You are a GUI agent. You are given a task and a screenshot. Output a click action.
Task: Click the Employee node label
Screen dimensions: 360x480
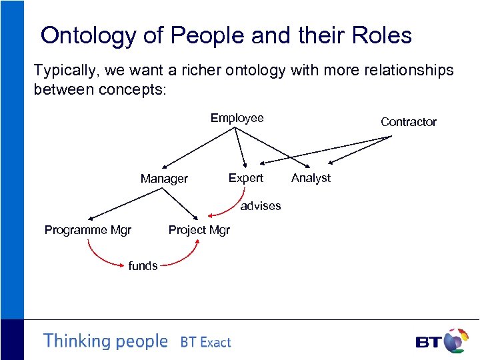click(237, 118)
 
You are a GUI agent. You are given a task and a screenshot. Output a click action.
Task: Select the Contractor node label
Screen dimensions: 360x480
click(408, 121)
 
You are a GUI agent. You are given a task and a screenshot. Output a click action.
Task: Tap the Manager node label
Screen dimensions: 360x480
click(164, 179)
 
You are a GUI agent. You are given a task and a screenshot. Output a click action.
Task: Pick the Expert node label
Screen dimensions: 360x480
click(245, 178)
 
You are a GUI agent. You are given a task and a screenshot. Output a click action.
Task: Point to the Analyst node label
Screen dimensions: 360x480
click(311, 178)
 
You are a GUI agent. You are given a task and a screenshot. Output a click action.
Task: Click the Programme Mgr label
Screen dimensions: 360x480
click(87, 230)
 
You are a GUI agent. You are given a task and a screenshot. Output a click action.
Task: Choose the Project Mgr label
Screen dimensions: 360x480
click(199, 230)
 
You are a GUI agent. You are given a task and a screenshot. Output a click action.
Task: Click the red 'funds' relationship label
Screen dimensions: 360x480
click(143, 265)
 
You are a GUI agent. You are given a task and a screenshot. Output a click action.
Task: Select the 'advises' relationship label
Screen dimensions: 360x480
click(261, 206)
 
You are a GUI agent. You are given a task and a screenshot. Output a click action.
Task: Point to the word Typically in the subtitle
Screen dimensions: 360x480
click(63, 70)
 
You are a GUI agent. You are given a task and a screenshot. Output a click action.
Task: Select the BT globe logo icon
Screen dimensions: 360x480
click(455, 341)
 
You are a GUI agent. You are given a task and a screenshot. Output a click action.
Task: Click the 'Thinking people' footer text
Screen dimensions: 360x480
click(105, 341)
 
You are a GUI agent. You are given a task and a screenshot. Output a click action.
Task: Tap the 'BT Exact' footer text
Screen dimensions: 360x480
click(205, 342)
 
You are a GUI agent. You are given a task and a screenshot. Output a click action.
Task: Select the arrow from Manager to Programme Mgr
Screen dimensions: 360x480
click(126, 203)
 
